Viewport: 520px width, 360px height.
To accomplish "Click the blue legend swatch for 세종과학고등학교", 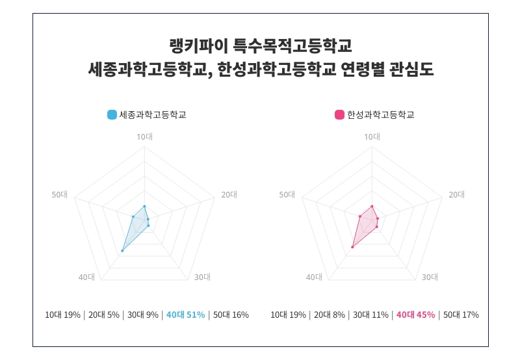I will (x=112, y=115).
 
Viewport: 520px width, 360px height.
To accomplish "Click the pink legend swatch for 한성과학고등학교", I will (x=339, y=115).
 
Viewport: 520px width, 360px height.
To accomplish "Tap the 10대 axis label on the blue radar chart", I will (x=144, y=136).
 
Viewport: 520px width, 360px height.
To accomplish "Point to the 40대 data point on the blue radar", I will (x=122, y=250).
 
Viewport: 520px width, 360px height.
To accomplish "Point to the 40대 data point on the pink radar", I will (x=352, y=247).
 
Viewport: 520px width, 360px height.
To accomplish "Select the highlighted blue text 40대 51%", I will (x=185, y=315).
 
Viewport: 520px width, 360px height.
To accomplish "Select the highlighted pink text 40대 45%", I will (x=415, y=315).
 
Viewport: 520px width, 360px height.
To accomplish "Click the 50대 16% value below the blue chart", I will (x=231, y=315).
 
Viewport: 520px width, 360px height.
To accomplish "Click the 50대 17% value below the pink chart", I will (x=461, y=315).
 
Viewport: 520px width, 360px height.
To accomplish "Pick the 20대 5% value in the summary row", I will (x=104, y=315).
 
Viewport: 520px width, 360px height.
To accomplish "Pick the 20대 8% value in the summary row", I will (x=330, y=315).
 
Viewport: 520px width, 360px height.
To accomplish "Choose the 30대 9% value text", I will (x=143, y=315).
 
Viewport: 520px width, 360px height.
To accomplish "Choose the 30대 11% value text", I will (x=370, y=315).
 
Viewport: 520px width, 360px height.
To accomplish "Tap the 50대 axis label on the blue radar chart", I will (x=60, y=194).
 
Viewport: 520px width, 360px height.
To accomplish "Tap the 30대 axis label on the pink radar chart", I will (x=430, y=277).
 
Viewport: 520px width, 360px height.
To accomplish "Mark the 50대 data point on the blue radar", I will (x=133, y=216).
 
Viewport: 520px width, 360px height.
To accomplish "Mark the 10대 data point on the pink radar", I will (x=372, y=206).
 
